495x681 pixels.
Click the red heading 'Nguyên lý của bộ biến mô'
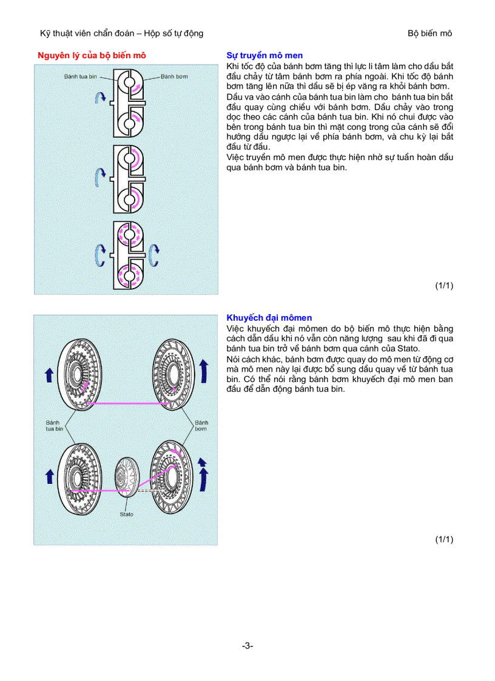(x=92, y=56)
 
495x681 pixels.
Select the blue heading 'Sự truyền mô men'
(x=264, y=56)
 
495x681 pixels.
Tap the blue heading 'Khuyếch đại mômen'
(x=269, y=318)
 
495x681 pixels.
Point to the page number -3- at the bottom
(x=247, y=646)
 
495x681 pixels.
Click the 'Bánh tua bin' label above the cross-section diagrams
(x=81, y=77)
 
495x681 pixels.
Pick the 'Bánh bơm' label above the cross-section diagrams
(x=175, y=77)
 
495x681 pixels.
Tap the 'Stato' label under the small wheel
(x=126, y=514)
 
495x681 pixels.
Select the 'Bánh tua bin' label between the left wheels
(x=55, y=425)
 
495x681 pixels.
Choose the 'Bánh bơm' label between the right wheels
(x=201, y=425)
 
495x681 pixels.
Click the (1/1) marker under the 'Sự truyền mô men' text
(x=444, y=286)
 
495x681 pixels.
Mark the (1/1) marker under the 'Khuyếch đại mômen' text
(x=444, y=538)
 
